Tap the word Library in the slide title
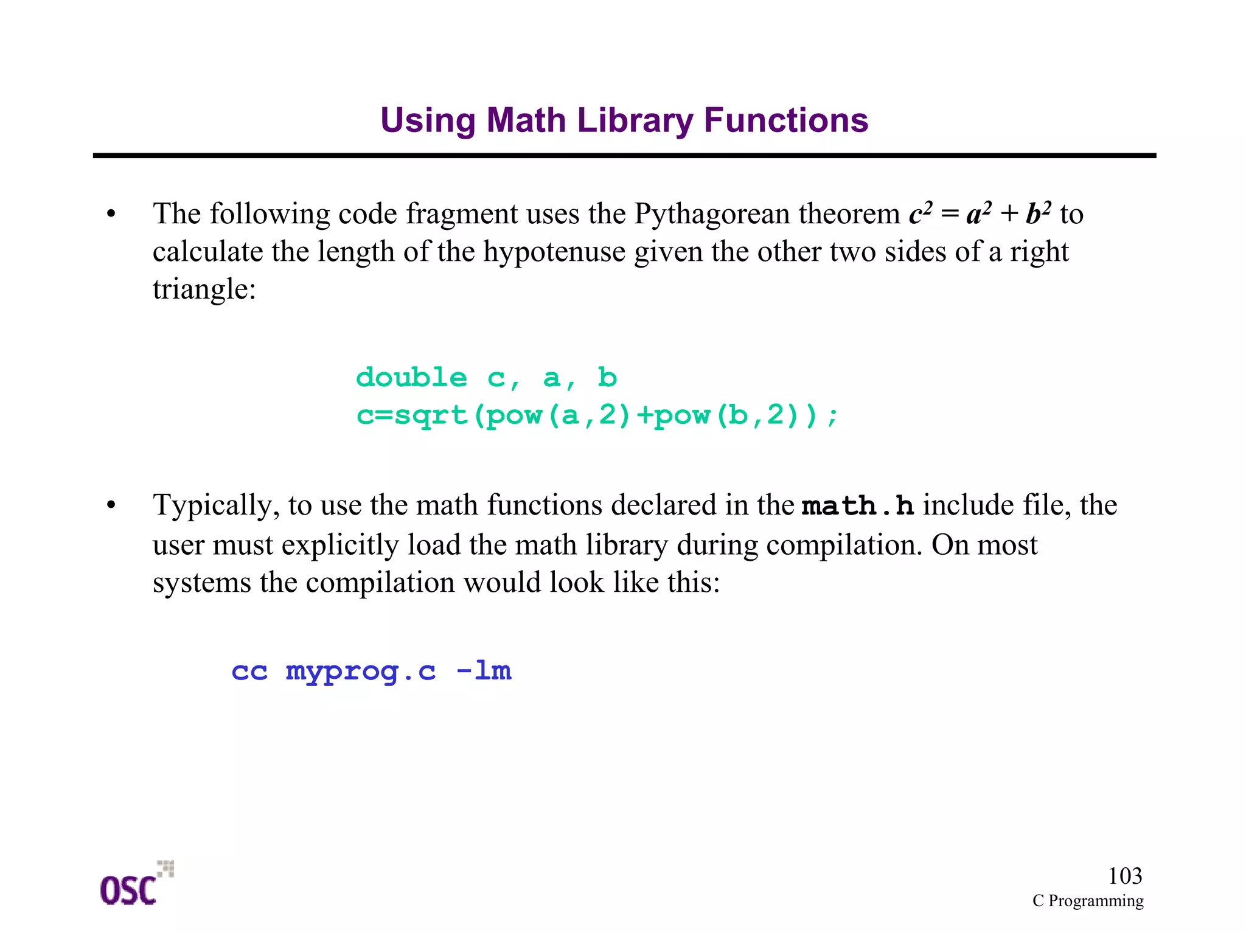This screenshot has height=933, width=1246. click(x=635, y=120)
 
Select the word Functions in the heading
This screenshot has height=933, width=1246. click(x=785, y=120)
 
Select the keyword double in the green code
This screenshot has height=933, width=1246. click(x=412, y=378)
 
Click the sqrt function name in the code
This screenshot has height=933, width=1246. click(x=431, y=416)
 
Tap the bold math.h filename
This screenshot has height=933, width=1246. click(x=858, y=506)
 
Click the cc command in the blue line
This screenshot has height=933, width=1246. click(x=249, y=671)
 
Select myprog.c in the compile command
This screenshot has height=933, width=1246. click(x=361, y=671)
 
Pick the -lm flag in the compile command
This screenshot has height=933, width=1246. click(x=484, y=671)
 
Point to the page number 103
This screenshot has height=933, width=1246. click(x=1124, y=876)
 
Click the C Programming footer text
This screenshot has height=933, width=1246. click(x=1087, y=901)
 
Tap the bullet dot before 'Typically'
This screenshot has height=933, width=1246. click(x=111, y=505)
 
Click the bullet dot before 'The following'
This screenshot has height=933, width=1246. click(x=111, y=214)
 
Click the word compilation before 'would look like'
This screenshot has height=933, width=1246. click(x=380, y=583)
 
